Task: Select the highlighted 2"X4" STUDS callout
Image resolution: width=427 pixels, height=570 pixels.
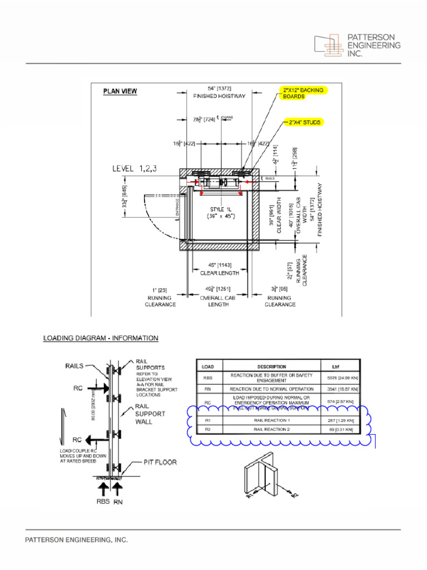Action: click(304, 122)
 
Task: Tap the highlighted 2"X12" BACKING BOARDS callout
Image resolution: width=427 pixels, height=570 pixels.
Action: click(303, 92)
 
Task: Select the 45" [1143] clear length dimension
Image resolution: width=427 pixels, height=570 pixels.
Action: click(220, 265)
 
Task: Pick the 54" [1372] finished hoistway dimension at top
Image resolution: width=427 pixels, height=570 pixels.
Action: click(219, 89)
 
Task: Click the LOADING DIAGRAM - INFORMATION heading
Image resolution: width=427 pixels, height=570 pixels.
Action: click(101, 338)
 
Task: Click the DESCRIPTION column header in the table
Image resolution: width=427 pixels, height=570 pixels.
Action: click(271, 367)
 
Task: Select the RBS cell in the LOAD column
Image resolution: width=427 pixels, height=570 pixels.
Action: click(208, 377)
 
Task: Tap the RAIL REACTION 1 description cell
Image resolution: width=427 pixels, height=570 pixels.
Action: click(271, 421)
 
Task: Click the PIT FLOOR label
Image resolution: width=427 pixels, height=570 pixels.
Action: click(161, 462)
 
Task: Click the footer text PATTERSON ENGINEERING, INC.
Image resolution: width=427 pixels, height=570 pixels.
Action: click(77, 540)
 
